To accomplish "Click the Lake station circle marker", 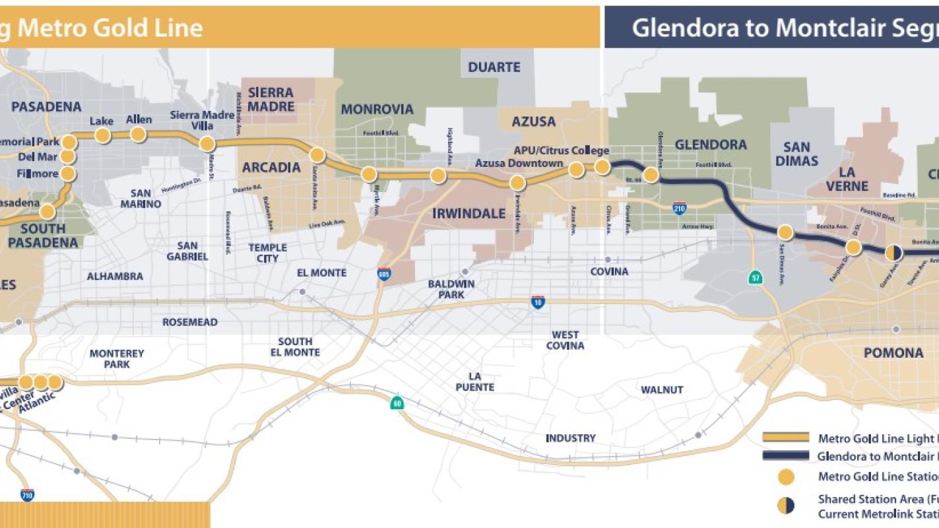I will (x=102, y=135).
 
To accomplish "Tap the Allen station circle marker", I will (x=138, y=135).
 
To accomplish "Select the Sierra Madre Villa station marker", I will (x=207, y=144).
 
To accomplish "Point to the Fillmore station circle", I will (x=68, y=174).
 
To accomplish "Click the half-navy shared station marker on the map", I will (x=893, y=253).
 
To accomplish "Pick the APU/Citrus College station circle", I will (x=602, y=167).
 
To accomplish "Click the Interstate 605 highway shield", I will (x=384, y=274).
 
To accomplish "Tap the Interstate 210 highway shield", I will (x=680, y=209).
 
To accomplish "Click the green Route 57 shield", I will (x=756, y=277).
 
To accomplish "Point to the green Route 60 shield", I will (x=397, y=403).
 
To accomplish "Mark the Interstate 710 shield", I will (x=27, y=494).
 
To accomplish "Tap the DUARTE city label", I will (x=494, y=67).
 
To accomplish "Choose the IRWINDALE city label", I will (x=469, y=214).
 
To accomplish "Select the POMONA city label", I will (x=893, y=353).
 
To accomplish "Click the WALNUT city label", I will (x=662, y=390).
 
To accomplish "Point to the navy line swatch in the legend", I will (x=785, y=456).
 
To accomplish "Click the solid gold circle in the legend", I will (x=785, y=477).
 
